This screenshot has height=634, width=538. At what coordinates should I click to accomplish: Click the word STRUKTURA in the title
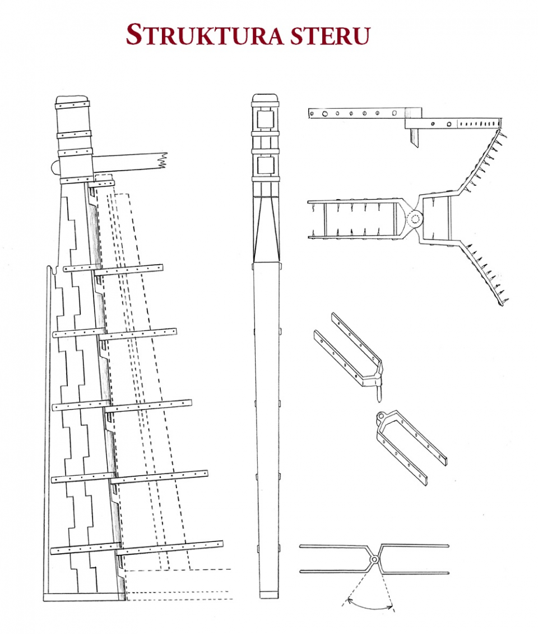click(205, 35)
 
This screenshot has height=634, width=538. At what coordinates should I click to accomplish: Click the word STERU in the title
click(330, 35)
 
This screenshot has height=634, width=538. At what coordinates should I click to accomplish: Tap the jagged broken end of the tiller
click(164, 160)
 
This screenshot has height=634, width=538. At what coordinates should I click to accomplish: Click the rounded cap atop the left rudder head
click(72, 99)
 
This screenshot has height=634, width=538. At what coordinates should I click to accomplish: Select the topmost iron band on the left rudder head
click(72, 105)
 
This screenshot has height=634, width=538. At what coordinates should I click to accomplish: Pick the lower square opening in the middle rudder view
click(265, 165)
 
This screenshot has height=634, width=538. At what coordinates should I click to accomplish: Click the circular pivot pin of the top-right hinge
click(414, 219)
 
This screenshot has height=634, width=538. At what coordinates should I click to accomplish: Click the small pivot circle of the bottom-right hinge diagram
click(374, 559)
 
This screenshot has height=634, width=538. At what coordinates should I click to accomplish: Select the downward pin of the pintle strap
click(378, 393)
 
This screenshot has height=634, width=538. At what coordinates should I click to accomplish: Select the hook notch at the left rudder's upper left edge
click(50, 269)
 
